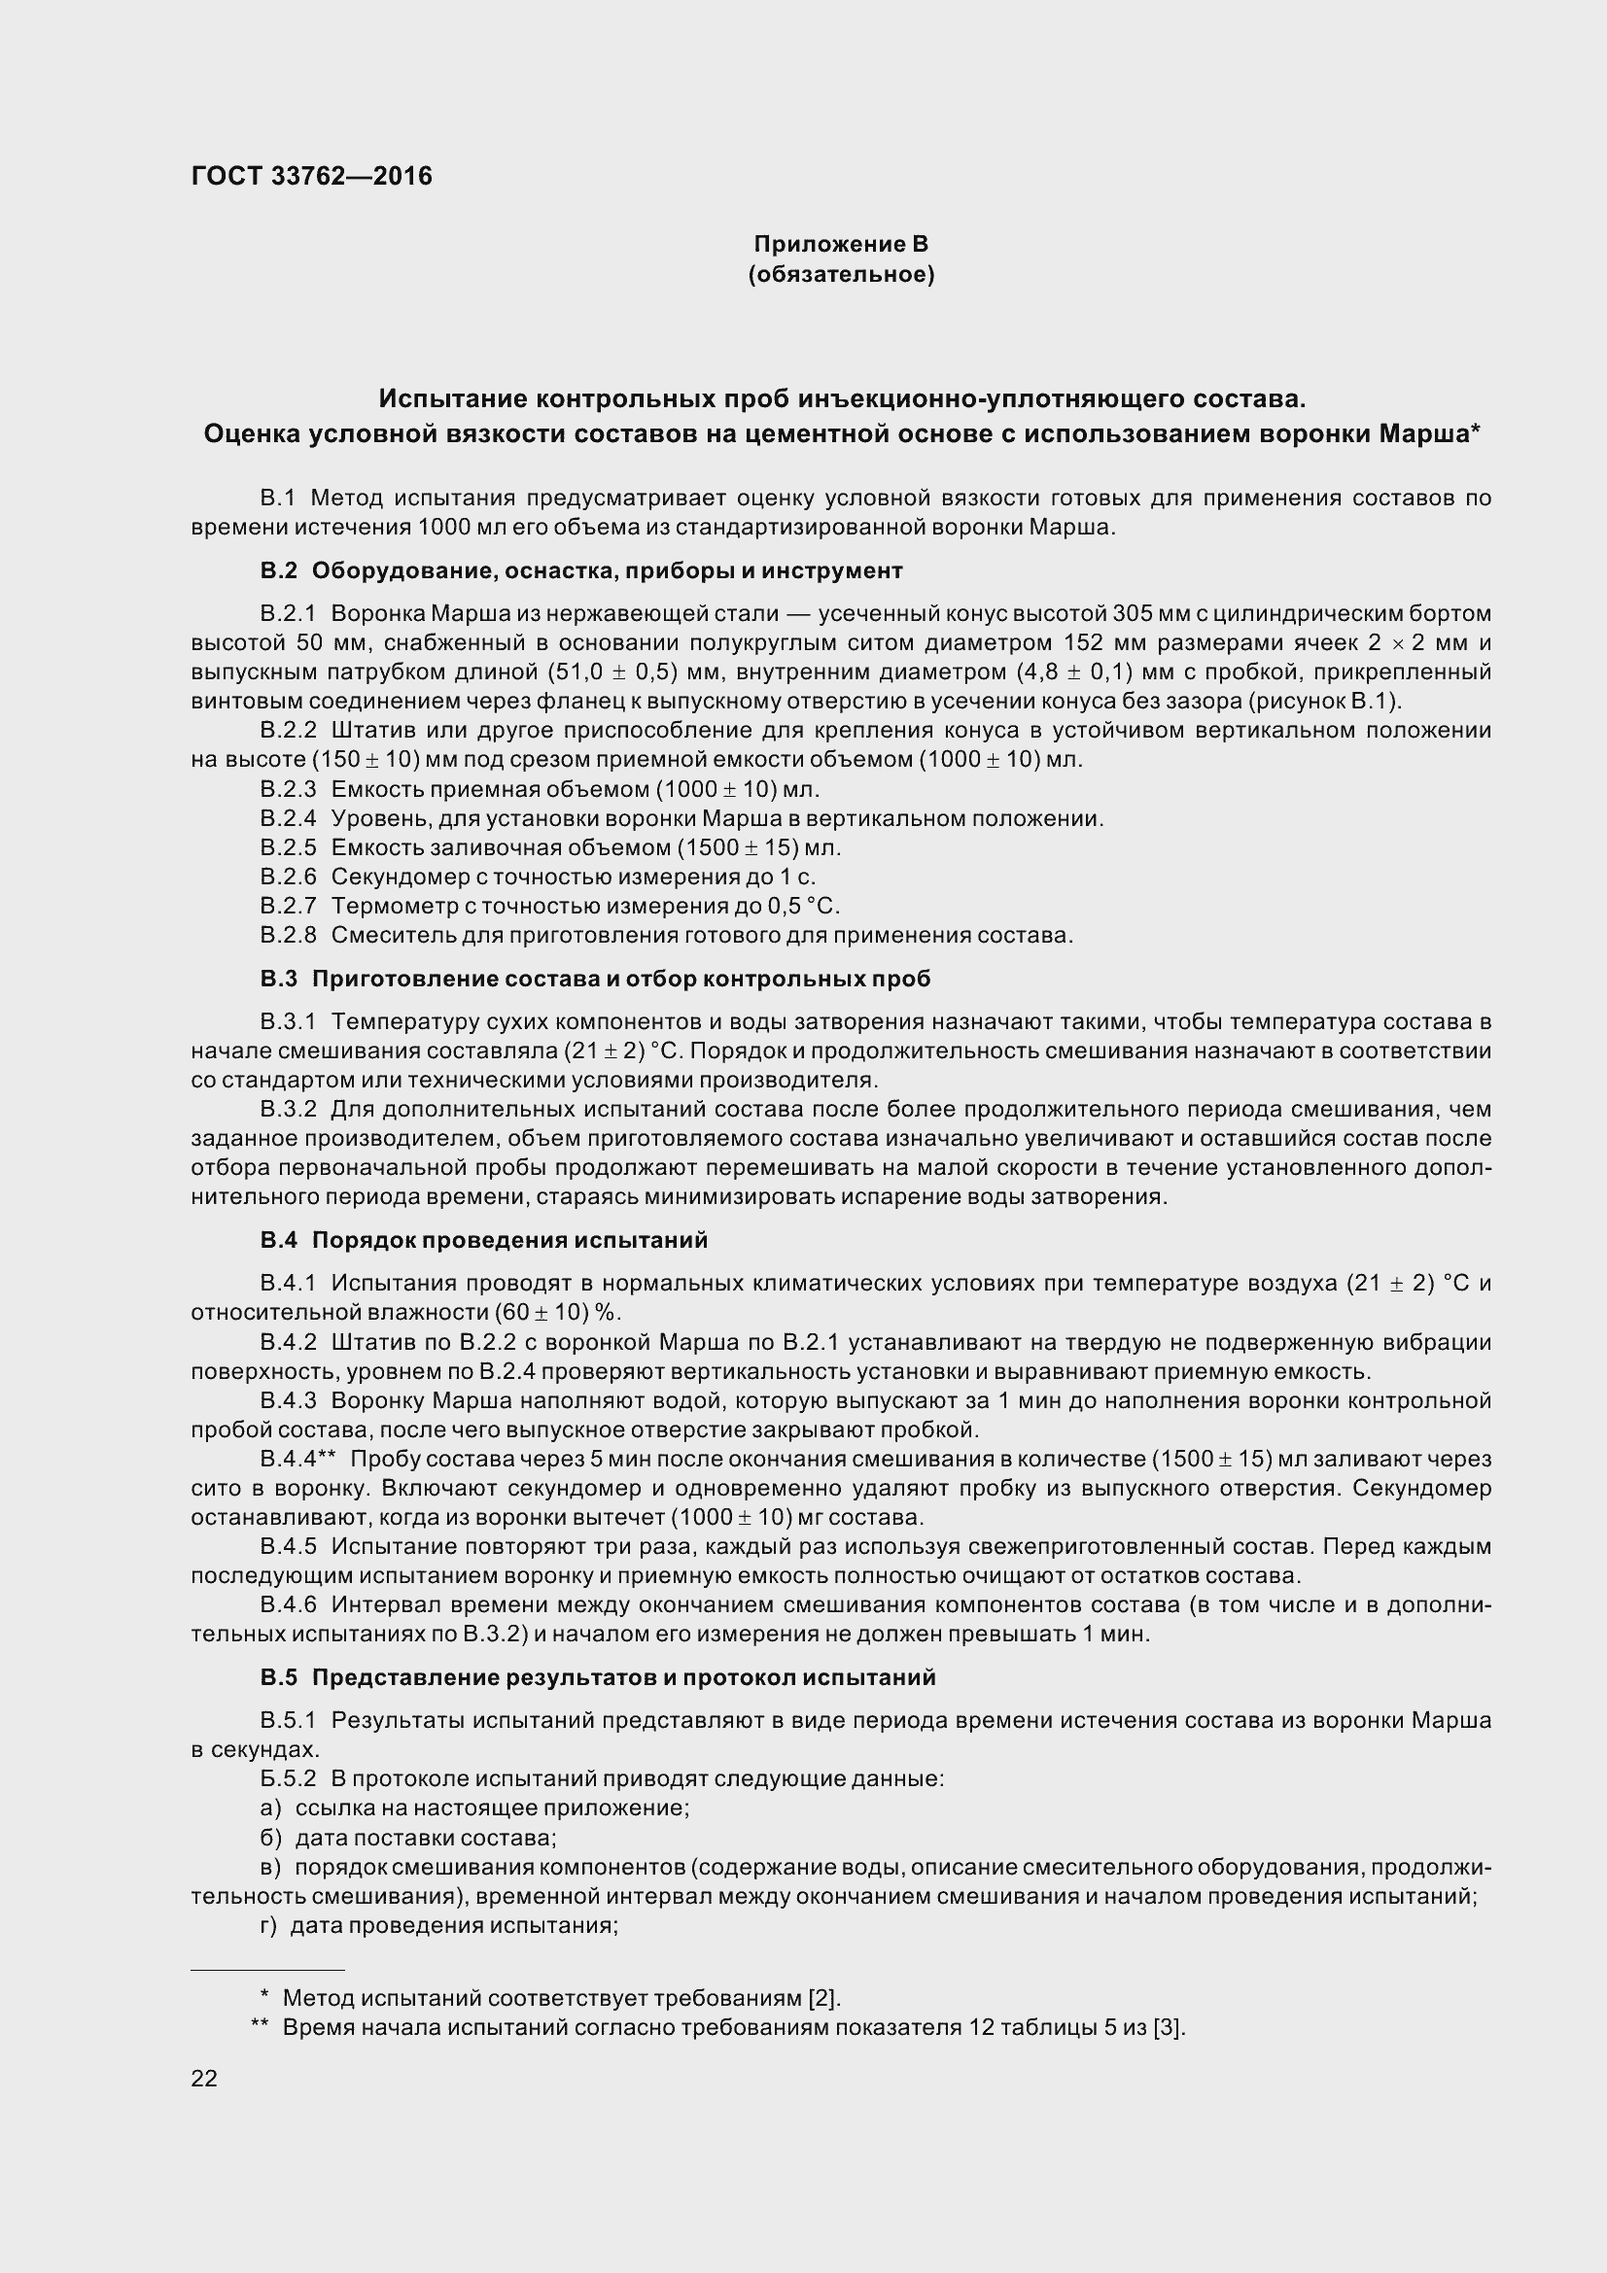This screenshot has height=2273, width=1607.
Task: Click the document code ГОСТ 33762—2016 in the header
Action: click(x=312, y=176)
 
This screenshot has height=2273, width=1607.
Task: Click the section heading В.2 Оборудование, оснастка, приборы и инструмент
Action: click(x=581, y=570)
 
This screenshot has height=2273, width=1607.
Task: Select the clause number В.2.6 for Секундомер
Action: click(x=288, y=877)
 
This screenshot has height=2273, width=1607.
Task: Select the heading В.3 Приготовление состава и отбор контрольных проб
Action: click(x=595, y=979)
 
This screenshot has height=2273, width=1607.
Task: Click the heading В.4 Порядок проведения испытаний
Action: click(x=484, y=1239)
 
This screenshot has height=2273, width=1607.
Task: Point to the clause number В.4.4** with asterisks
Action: click(x=299, y=1459)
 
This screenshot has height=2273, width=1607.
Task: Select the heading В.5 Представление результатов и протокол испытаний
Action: click(x=598, y=1677)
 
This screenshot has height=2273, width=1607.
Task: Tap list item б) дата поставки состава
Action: click(x=408, y=1838)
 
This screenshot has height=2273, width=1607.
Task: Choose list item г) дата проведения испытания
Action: click(x=438, y=1925)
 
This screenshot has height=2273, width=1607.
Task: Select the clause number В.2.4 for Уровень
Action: click(x=288, y=817)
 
